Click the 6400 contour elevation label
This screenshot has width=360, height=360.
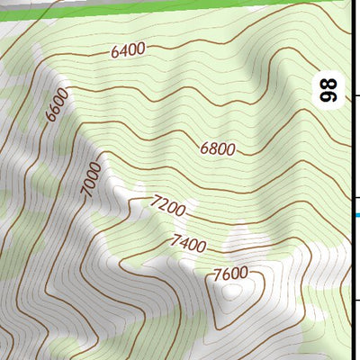pyautogui.click(x=128, y=51)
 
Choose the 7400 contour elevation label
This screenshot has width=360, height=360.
pyautogui.click(x=187, y=243)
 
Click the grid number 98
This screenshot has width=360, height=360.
pyautogui.click(x=329, y=90)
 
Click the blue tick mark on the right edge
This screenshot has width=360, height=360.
pyautogui.click(x=357, y=214)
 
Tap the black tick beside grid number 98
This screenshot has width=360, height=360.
pyautogui.click(x=356, y=95)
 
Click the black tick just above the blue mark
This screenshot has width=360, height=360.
pyautogui.click(x=356, y=199)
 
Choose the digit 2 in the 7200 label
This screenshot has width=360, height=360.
pyautogui.click(x=162, y=208)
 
